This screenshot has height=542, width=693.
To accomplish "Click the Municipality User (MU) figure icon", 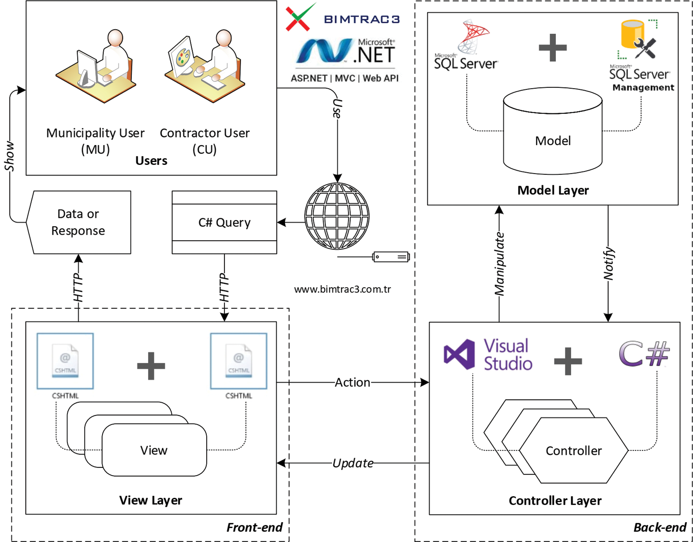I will [x=96, y=66].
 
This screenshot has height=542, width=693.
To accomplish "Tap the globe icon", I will [x=337, y=216].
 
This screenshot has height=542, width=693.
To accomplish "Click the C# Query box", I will [x=224, y=222].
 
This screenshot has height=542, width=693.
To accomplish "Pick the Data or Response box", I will [x=79, y=222].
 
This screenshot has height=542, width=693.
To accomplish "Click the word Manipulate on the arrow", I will [x=499, y=264].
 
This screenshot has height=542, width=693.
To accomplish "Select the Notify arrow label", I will [x=608, y=264].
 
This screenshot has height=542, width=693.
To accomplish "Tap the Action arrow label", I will [x=352, y=382].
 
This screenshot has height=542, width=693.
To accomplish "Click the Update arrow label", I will [x=353, y=463].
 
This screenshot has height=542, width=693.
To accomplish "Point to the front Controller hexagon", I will [x=574, y=451].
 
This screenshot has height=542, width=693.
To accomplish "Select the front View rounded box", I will [x=154, y=450].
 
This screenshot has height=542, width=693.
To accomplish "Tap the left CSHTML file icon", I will [x=65, y=361].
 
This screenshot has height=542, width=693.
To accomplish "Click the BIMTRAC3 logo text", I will [x=362, y=19].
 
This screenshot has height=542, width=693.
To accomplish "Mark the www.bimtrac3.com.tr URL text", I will [x=342, y=289].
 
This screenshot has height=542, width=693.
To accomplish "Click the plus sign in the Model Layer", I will [x=553, y=48].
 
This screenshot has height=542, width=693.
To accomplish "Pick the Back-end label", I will [x=660, y=527].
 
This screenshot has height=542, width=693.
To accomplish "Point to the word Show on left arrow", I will [x=9, y=156].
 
